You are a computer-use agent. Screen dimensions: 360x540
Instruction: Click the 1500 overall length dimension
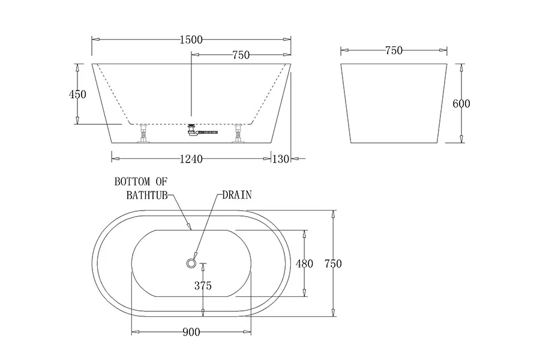[191, 40]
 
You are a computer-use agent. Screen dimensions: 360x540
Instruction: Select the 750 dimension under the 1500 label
[240, 55]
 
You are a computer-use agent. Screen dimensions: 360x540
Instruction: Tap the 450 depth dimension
[78, 94]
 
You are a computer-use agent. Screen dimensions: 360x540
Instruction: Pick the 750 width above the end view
[393, 51]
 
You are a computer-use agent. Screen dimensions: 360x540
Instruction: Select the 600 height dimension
[461, 103]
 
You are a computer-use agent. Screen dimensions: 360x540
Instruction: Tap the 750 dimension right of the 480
[333, 263]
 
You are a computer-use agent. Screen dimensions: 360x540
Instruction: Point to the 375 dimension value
[203, 286]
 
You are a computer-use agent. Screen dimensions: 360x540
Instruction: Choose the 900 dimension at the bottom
[191, 332]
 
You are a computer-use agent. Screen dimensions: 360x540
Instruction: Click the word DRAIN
[237, 194]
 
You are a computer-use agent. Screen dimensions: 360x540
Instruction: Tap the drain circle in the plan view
[191, 261]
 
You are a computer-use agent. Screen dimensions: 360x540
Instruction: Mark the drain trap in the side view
[193, 129]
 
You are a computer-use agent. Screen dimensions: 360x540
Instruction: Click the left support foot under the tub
[143, 134]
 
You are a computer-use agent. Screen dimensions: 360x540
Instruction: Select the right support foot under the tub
[239, 134]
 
